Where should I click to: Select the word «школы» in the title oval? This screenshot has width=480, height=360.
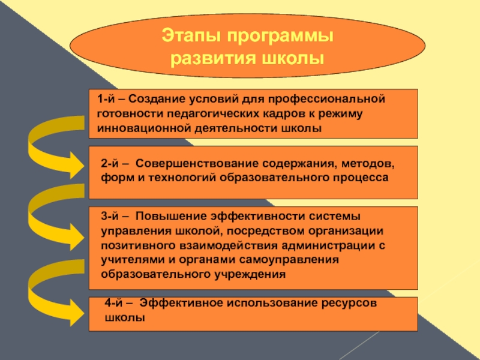tap(293, 59)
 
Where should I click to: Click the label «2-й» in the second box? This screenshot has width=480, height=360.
tap(110, 163)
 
